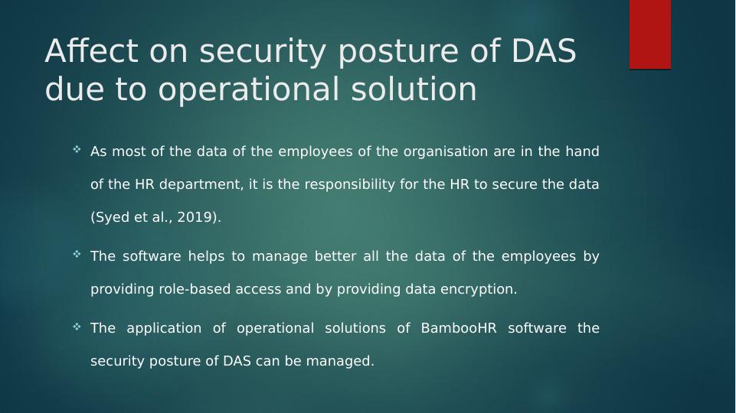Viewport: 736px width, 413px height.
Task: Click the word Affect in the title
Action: (x=92, y=50)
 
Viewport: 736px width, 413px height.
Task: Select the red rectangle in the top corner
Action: (x=650, y=34)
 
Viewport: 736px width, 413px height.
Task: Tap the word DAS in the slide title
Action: (x=543, y=50)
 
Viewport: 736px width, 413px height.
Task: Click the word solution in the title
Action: (x=414, y=89)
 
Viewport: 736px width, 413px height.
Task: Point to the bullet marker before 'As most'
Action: (x=77, y=150)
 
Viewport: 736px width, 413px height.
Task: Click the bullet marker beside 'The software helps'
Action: (x=77, y=254)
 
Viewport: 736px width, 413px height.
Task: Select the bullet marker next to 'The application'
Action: (x=77, y=327)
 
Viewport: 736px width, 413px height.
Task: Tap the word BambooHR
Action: (x=459, y=328)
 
